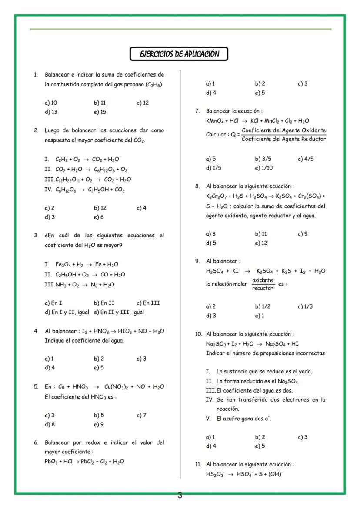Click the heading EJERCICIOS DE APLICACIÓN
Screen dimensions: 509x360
(179, 54)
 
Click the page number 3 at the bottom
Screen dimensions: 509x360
(180, 495)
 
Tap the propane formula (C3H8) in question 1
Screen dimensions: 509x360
(154, 84)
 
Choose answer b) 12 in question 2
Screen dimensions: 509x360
(100, 208)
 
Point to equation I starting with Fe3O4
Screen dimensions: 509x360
(82, 264)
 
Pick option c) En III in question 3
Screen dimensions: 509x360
(148, 303)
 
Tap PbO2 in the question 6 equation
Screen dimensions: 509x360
(51, 462)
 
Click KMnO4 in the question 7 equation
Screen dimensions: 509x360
(216, 121)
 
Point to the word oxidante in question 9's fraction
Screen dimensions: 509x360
(263, 280)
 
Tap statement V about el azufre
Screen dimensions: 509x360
(243, 419)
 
